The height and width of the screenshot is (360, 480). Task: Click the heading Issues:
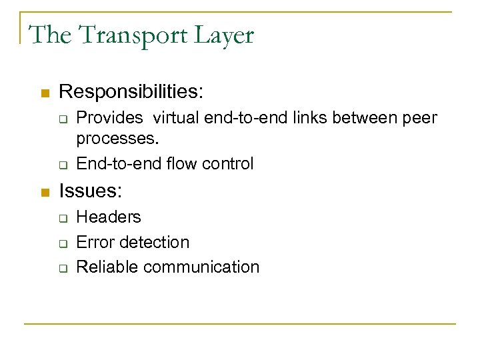pyautogui.click(x=91, y=192)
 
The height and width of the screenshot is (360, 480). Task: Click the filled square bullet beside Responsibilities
pyautogui.click(x=45, y=91)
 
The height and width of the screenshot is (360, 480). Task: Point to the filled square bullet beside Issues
pyautogui.click(x=45, y=193)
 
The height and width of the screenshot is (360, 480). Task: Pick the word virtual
pyautogui.click(x=179, y=118)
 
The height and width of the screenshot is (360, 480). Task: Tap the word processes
pyautogui.click(x=118, y=139)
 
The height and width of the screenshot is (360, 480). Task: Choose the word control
pyautogui.click(x=229, y=163)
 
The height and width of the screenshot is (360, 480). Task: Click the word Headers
pyautogui.click(x=109, y=217)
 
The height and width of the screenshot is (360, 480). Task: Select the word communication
pyautogui.click(x=201, y=267)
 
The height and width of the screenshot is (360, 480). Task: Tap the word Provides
pyautogui.click(x=110, y=118)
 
